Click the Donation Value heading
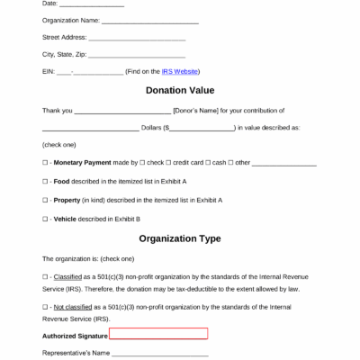coord(179,90)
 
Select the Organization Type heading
coord(179,238)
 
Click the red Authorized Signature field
coord(158,334)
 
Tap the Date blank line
coord(91,4)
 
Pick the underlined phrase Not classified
coord(75,308)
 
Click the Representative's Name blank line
coord(162,353)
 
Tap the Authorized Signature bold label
coord(74,335)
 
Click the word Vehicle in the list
coord(65,219)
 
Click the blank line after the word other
coord(283,163)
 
